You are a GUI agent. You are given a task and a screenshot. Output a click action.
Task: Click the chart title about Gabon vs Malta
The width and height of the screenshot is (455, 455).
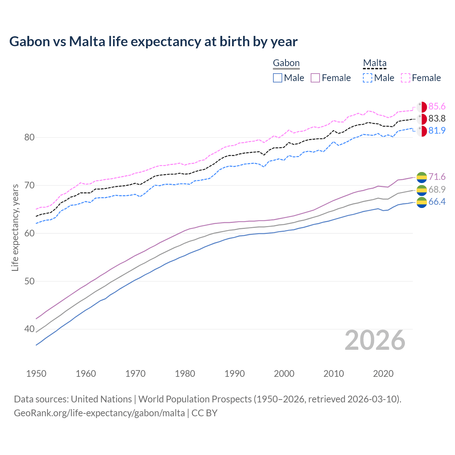point(153,42)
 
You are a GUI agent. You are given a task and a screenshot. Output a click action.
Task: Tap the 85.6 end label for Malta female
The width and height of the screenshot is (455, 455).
point(437,107)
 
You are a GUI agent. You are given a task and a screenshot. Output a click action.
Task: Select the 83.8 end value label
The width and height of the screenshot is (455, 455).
point(437,118)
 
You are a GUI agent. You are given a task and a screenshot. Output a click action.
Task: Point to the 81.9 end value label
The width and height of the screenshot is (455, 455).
point(437,130)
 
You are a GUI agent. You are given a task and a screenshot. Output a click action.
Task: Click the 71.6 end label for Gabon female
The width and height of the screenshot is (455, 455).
point(437,177)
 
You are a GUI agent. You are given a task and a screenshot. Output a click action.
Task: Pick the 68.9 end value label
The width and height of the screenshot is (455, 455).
point(437,189)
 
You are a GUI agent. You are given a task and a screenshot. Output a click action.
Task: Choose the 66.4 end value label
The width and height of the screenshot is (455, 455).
point(437,202)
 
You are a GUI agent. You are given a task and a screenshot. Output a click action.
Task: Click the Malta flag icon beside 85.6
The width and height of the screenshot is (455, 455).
point(422,107)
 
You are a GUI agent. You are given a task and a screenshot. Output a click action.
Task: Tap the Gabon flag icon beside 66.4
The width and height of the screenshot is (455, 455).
point(422,202)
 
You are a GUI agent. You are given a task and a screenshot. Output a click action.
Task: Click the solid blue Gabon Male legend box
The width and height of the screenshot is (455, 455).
point(278,78)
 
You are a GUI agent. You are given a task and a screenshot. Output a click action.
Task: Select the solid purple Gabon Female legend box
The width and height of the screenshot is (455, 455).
point(315,78)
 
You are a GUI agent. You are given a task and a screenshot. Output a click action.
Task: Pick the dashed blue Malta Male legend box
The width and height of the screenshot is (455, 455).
point(368,78)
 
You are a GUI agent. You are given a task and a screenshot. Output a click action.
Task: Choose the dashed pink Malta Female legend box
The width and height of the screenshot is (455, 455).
point(406,78)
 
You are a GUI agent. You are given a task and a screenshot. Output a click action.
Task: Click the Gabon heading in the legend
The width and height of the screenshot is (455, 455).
point(286,63)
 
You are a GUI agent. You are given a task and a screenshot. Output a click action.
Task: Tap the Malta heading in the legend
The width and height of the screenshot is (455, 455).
point(375,63)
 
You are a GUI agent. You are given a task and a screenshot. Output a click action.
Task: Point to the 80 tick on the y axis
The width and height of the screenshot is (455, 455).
point(29,137)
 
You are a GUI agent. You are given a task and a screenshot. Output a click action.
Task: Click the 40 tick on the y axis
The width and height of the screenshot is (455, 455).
point(29,329)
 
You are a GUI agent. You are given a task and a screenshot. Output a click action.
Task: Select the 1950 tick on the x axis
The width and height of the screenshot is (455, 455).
point(36,374)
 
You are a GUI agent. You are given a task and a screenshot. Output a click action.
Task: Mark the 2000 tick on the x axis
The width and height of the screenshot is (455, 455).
point(284,374)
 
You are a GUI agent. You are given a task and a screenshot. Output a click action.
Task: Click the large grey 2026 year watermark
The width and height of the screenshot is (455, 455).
point(375,341)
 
